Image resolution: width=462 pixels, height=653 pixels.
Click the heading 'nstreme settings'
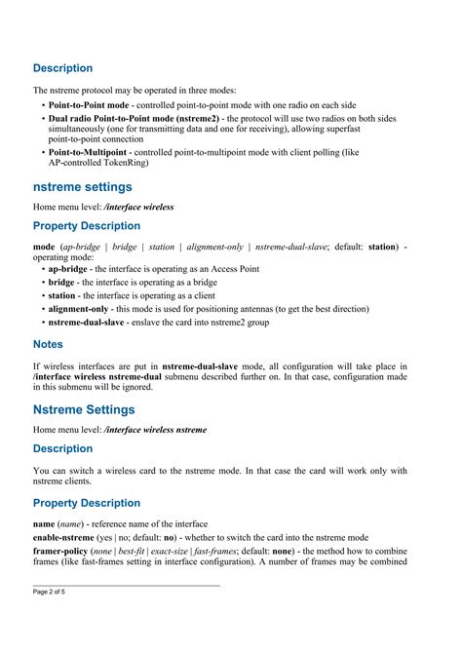click(x=82, y=186)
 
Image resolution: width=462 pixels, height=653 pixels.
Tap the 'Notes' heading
click(x=48, y=344)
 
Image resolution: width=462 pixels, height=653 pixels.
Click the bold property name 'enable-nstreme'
click(x=68, y=537)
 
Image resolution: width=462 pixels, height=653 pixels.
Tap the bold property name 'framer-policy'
click(x=65, y=551)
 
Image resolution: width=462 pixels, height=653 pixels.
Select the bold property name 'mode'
click(x=44, y=248)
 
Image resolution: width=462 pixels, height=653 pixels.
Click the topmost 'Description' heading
click(x=63, y=69)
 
